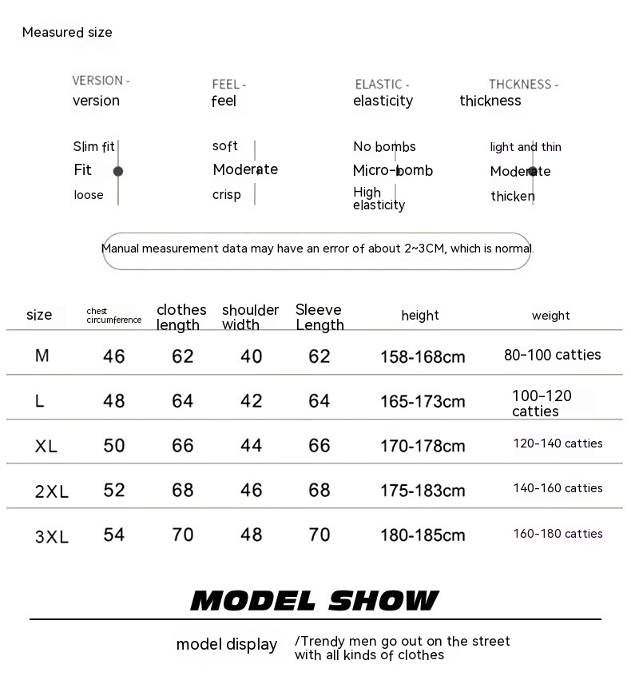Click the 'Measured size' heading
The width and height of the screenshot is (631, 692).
coord(67,33)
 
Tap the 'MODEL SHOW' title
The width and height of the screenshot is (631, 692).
coord(315,601)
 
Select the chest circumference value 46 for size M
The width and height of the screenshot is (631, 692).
coord(114,356)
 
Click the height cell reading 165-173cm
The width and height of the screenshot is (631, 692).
coord(423,401)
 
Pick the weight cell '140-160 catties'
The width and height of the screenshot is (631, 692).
coord(558,488)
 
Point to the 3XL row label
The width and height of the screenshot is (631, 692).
coord(52,537)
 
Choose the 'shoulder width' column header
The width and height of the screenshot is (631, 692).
coord(250,317)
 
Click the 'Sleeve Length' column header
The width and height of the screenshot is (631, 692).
coord(319,317)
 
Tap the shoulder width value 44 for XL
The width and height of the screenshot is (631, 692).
coord(252,445)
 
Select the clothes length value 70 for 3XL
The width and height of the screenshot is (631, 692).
coord(183,535)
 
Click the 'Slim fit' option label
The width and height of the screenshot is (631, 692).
coord(93,146)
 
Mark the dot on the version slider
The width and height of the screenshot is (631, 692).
coord(118,171)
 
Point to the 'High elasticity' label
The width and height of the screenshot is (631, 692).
coord(379,198)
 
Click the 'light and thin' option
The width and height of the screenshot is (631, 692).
coord(526,147)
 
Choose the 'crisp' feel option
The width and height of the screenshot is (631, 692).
coord(226,195)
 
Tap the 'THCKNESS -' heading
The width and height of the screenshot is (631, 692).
coord(523,84)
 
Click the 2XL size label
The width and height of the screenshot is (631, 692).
coord(52,491)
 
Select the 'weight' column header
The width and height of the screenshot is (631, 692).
coord(551,316)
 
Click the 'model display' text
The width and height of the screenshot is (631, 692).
coord(227,645)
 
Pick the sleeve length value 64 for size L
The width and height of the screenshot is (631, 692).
coord(319,400)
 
